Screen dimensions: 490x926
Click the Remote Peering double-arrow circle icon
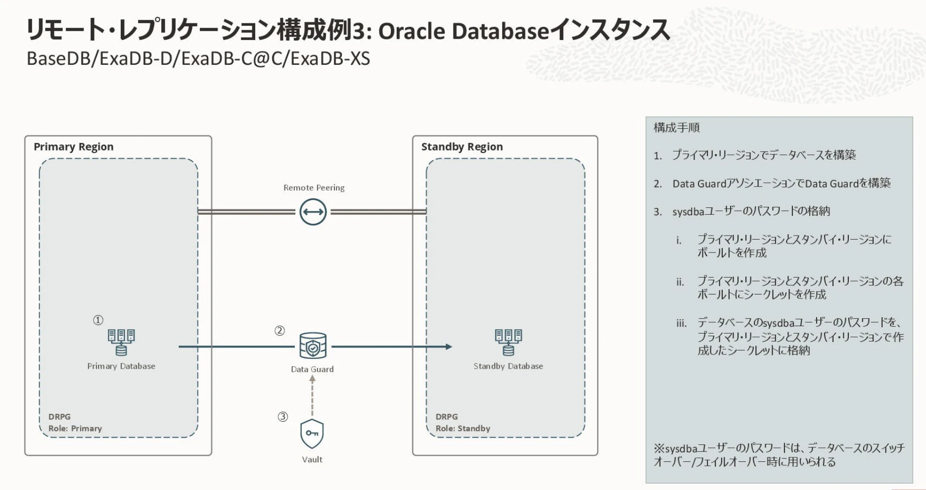coord(313,212)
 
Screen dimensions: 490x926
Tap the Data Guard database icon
coord(313,345)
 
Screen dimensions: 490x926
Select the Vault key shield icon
coord(312,434)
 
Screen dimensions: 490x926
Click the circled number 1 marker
coord(98,320)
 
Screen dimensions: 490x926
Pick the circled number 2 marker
coord(279,331)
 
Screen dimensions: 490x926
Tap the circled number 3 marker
coord(282,417)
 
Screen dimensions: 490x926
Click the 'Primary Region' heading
coord(73,147)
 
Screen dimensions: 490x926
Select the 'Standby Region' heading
coord(462,147)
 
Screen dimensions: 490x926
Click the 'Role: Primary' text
coord(75,428)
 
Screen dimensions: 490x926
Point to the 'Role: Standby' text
coord(463,428)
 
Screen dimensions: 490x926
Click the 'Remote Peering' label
coord(314,188)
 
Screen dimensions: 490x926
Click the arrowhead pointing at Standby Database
coord(448,346)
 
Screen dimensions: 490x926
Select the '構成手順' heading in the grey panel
coord(676,128)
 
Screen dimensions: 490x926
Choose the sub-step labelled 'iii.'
coord(682,324)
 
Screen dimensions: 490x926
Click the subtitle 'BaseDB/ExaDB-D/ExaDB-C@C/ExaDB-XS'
coord(198,59)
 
